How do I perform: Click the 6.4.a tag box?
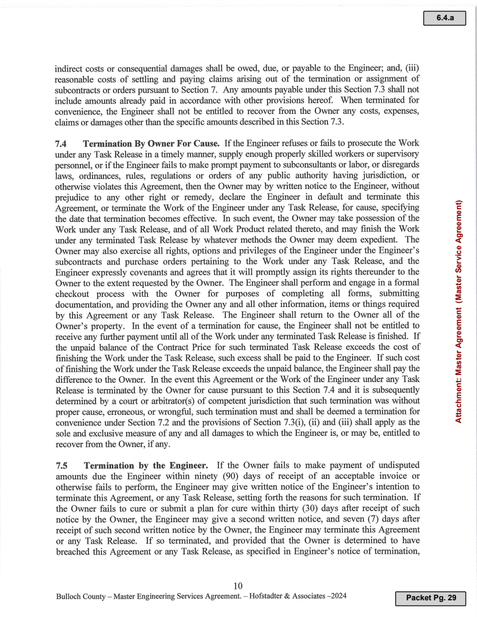pos(445,18)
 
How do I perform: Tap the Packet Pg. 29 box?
pos(430,597)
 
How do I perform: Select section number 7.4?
pos(62,144)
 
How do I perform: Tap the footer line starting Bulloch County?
pos(202,596)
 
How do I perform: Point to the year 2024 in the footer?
pos(337,596)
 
